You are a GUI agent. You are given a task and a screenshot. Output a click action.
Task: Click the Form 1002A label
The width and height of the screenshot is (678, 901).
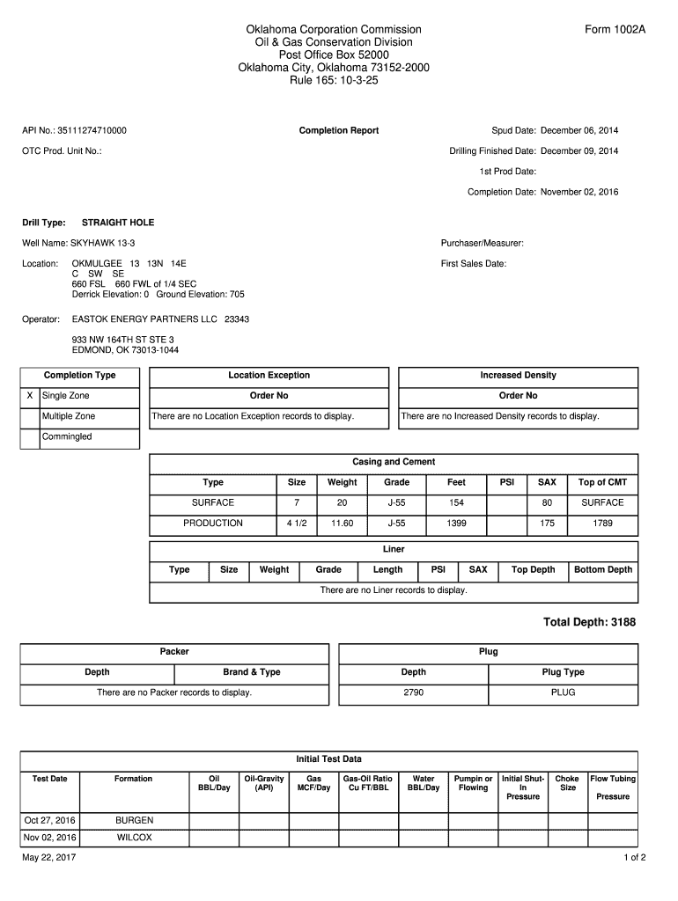(x=615, y=30)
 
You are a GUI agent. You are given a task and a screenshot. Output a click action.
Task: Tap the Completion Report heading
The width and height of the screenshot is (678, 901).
(x=339, y=131)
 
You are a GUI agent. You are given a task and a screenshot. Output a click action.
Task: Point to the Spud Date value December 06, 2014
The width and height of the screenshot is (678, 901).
(x=579, y=131)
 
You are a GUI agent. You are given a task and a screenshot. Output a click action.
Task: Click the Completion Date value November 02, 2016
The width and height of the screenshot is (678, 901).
(x=579, y=192)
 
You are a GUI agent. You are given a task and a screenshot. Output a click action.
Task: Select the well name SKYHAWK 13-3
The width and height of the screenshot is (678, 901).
(x=103, y=243)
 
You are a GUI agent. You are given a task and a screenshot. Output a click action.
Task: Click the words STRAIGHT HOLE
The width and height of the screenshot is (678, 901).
(x=118, y=223)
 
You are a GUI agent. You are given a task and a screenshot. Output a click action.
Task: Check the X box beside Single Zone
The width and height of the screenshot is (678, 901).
(x=31, y=396)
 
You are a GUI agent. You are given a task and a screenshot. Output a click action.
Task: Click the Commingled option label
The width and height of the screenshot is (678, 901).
(x=67, y=436)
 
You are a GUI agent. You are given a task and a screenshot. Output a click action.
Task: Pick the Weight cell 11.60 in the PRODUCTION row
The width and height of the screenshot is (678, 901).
(x=342, y=524)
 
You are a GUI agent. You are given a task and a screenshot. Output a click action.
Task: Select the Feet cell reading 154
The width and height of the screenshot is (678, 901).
(x=456, y=503)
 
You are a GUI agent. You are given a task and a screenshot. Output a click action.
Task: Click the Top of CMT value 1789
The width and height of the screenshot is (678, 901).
(x=602, y=524)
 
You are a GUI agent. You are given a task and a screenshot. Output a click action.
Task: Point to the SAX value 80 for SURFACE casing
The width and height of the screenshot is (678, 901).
(x=547, y=503)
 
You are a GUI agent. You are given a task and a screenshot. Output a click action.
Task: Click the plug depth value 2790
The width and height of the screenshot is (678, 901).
(x=413, y=693)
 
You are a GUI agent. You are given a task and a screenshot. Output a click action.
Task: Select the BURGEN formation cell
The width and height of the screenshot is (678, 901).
(x=134, y=821)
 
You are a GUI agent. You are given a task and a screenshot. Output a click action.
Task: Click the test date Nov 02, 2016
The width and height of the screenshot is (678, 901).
(x=50, y=838)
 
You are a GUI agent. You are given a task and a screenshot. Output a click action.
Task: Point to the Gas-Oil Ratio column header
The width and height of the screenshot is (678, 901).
(x=367, y=783)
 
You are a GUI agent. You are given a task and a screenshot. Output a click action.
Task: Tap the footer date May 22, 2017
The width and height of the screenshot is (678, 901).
(x=49, y=858)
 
